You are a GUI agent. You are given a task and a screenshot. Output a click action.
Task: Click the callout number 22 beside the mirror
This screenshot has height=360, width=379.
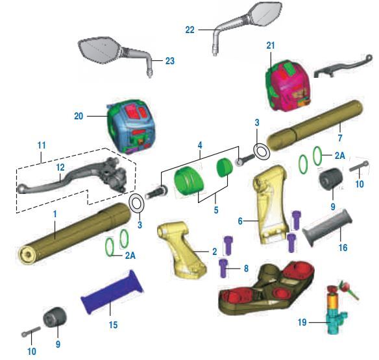[189, 30]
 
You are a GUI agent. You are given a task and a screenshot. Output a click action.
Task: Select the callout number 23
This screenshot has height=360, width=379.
[170, 61]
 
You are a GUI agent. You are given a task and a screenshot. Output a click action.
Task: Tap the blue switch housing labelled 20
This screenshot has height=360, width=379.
[130, 126]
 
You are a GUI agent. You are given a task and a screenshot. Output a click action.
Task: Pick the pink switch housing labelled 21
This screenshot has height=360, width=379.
[287, 86]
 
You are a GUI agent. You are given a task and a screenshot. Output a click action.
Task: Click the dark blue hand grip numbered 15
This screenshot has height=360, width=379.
[112, 293]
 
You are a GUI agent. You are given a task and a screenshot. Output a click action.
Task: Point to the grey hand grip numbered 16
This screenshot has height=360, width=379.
[327, 227]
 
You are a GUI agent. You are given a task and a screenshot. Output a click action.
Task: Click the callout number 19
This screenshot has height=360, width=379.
[302, 322]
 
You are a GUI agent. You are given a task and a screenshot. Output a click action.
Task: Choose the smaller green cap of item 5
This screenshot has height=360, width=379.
[225, 168]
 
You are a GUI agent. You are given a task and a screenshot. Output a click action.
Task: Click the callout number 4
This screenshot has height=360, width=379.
[200, 145]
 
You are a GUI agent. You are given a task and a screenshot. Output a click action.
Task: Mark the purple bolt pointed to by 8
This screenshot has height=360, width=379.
[224, 268]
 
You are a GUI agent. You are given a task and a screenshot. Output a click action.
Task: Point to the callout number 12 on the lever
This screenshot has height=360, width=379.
[60, 167]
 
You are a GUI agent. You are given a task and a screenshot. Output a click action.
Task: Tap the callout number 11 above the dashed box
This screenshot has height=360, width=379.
[42, 145]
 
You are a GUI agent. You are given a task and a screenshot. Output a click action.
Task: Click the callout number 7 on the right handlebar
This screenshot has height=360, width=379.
[340, 138]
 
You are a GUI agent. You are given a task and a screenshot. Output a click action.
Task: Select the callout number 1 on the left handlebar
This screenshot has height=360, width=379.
[55, 214]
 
